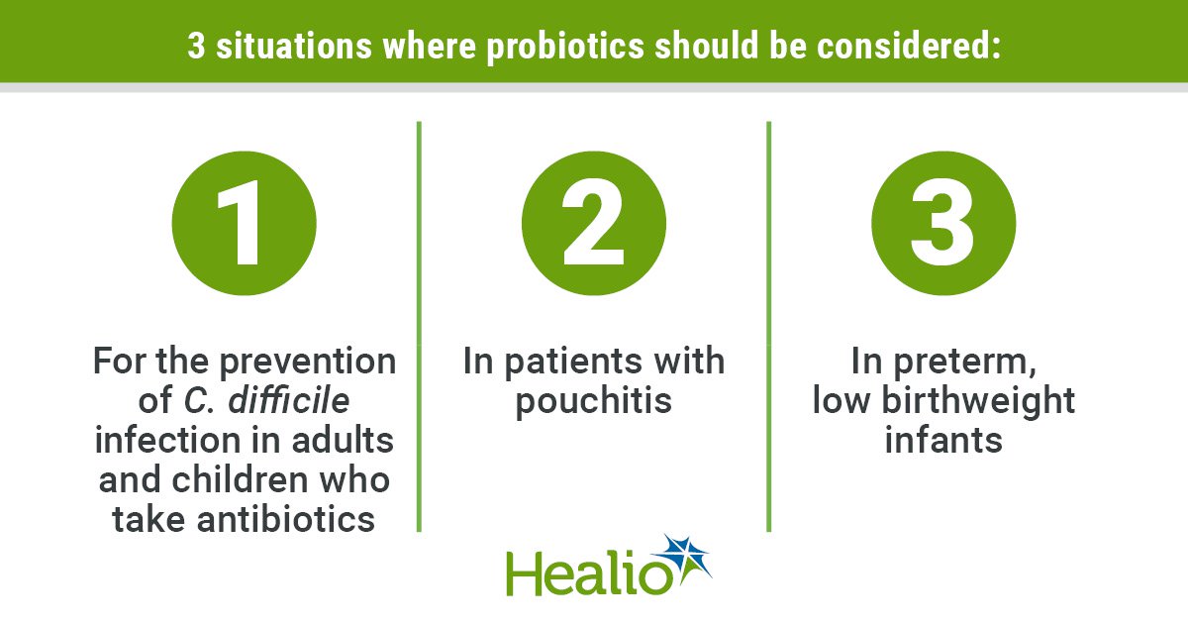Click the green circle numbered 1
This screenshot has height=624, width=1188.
[244, 224]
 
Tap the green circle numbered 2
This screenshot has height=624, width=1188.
[594, 224]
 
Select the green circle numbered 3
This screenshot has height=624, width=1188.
[943, 224]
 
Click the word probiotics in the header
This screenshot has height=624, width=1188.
[565, 47]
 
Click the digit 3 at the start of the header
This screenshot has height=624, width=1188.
[196, 46]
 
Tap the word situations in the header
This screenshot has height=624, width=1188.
[294, 46]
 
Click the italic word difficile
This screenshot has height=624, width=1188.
[289, 400]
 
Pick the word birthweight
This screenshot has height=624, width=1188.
[978, 401]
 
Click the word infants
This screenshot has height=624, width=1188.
[943, 440]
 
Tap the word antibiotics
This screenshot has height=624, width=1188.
[286, 519]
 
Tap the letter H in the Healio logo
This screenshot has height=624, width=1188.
[524, 573]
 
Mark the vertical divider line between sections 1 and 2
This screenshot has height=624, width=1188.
[419, 326]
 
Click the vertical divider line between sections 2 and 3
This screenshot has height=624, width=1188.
[769, 326]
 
